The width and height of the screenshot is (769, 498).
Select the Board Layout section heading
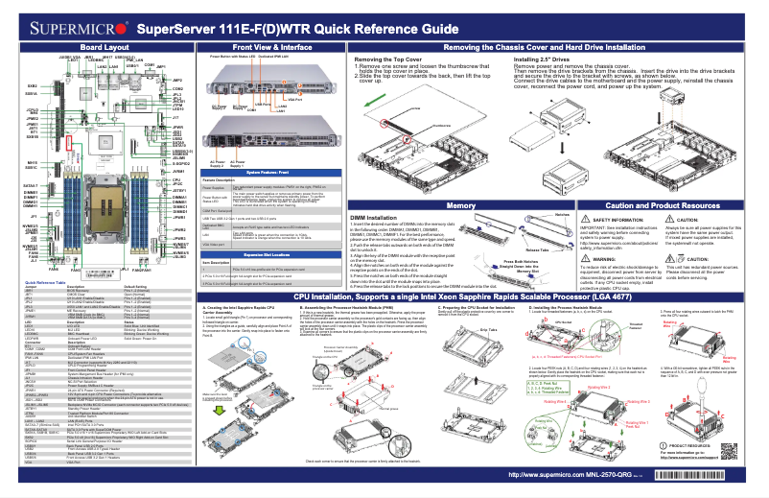tap(105, 46)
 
